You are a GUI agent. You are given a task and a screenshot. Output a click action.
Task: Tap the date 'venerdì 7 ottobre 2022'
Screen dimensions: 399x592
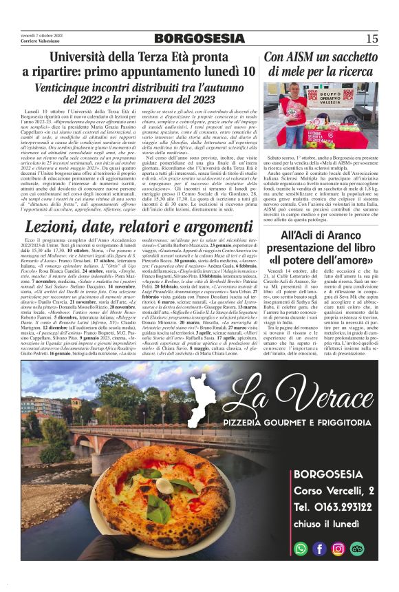tap(42, 34)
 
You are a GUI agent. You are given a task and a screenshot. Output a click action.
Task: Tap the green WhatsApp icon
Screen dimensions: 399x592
tap(301, 549)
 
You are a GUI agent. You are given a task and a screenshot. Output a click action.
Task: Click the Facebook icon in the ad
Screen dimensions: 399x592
tap(319, 549)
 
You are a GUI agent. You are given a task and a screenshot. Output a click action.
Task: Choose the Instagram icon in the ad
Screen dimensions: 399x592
tap(338, 549)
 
